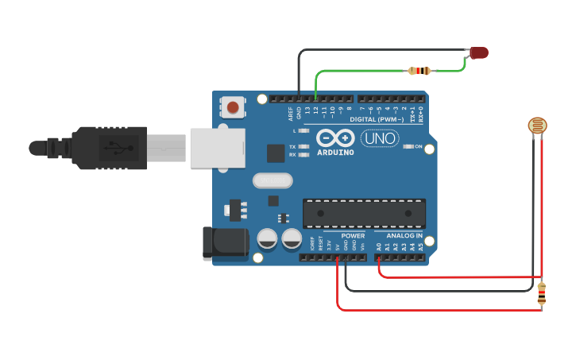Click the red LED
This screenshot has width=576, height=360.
pyautogui.click(x=479, y=52)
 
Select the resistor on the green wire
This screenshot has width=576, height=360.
pyautogui.click(x=419, y=71)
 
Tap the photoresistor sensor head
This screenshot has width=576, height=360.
pyautogui.click(x=538, y=125)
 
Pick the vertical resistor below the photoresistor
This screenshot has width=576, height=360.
pyautogui.click(x=542, y=295)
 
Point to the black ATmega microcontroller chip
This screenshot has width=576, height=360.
pyautogui.click(x=364, y=214)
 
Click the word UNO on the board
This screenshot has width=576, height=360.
pyautogui.click(x=380, y=138)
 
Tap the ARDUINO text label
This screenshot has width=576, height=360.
pyautogui.click(x=335, y=152)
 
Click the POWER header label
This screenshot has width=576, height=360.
pyautogui.click(x=353, y=236)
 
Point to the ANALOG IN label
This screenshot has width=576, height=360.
pyautogui.click(x=404, y=236)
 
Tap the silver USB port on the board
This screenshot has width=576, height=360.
pyautogui.click(x=217, y=149)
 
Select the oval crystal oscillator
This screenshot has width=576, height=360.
pyautogui.click(x=273, y=181)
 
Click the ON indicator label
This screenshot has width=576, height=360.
pyautogui.click(x=418, y=146)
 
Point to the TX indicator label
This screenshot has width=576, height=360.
pyautogui.click(x=292, y=147)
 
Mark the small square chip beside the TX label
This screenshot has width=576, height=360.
pyautogui.click(x=276, y=153)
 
